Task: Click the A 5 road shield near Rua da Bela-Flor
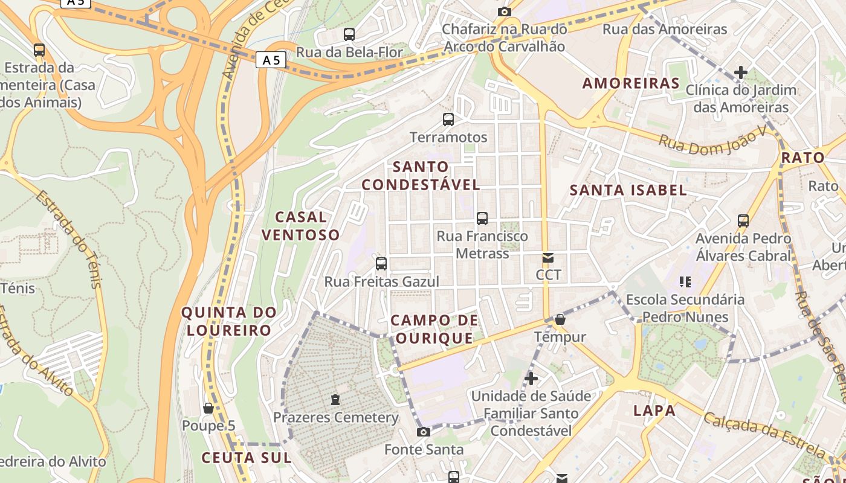pyautogui.click(x=271, y=60)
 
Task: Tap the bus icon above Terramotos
pyautogui.click(x=448, y=120)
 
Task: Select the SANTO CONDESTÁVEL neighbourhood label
pyautogui.click(x=421, y=176)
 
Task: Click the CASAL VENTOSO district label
pyautogui.click(x=300, y=226)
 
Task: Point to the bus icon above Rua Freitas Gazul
pyautogui.click(x=381, y=264)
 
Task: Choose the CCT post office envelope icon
pyautogui.click(x=548, y=258)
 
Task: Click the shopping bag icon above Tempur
pyautogui.click(x=560, y=319)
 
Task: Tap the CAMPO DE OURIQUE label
pyautogui.click(x=434, y=329)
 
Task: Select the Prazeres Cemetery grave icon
pyautogui.click(x=335, y=400)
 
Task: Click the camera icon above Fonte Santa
pyautogui.click(x=424, y=432)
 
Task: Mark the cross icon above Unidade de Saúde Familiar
pyautogui.click(x=531, y=379)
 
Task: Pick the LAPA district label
pyautogui.click(x=654, y=411)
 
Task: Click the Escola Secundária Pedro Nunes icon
pyautogui.click(x=685, y=281)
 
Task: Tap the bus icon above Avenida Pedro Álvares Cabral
pyautogui.click(x=743, y=221)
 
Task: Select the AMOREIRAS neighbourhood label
pyautogui.click(x=631, y=83)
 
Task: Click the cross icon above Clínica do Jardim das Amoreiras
pyautogui.click(x=740, y=73)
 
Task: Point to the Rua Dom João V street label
pyautogui.click(x=712, y=141)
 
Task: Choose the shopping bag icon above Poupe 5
pyautogui.click(x=208, y=409)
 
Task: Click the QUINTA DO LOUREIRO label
pyautogui.click(x=229, y=321)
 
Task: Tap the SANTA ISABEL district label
pyautogui.click(x=628, y=190)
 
